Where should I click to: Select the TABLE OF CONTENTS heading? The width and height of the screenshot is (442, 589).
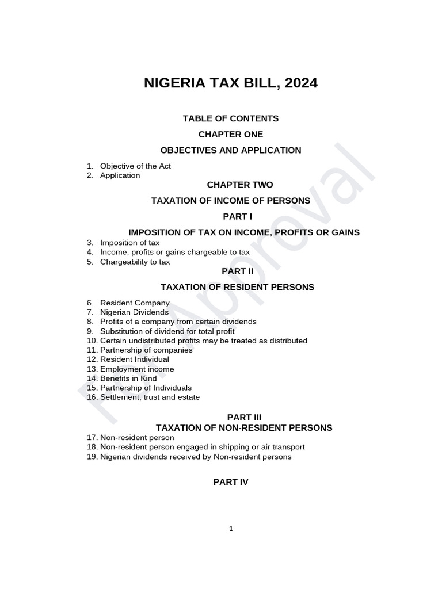231,118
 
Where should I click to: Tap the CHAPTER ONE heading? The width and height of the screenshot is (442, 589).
231,134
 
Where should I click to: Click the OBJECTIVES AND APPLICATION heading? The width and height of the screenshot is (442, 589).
231,150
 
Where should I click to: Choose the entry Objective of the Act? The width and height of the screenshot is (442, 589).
135,166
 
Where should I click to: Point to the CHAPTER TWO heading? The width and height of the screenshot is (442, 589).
231,185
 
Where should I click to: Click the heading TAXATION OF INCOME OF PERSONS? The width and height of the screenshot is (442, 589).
231,201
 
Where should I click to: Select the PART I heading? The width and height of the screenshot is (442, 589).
231,216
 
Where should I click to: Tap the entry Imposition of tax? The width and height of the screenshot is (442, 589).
129,243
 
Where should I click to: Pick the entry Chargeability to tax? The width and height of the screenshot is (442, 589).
135,262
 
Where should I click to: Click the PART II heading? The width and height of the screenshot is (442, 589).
231,271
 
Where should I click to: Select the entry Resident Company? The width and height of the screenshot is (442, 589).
135,303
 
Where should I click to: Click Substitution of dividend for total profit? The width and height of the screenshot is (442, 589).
167,331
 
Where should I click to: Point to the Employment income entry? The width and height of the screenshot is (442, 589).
137,369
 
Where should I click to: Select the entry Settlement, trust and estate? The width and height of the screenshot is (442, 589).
150,397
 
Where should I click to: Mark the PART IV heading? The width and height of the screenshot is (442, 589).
231,482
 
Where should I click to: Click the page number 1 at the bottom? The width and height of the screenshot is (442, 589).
231,529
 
